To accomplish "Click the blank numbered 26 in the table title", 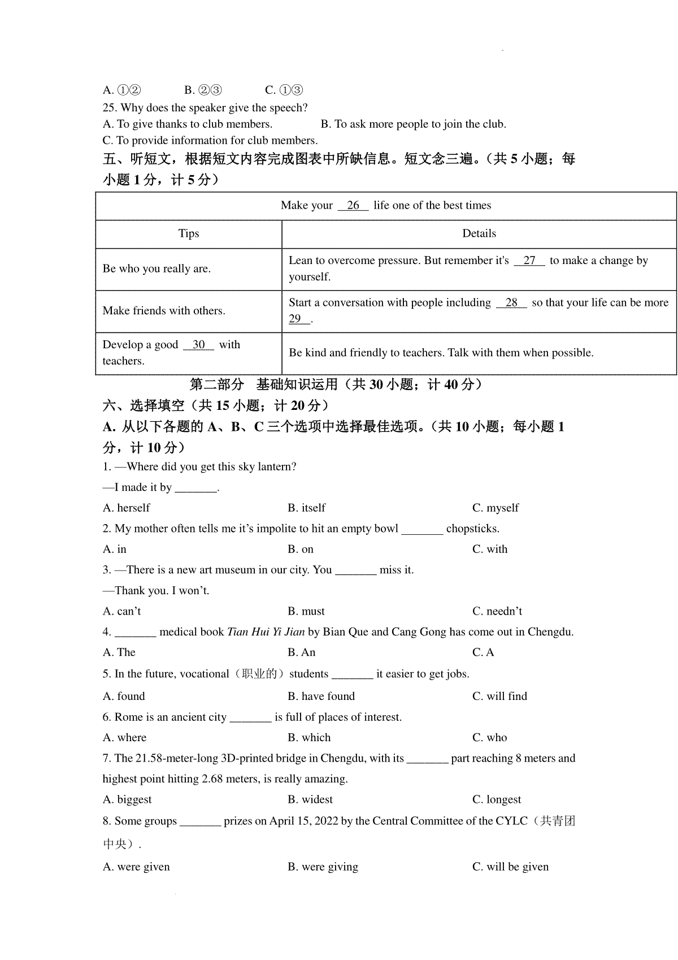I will point(353,205).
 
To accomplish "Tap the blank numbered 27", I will point(529,261).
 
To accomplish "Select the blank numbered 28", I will point(512,302).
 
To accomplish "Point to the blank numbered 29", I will point(298,319).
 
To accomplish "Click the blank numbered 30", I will point(199,345).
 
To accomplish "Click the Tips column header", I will point(189,233).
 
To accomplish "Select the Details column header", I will point(479,233).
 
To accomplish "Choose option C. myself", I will point(496,508).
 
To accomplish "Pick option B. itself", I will point(306,508).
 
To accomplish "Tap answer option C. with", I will point(490,549).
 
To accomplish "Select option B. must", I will point(306,611).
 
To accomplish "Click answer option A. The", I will point(119,652).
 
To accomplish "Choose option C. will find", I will point(499,696).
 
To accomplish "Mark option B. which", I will point(309,737).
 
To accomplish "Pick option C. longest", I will point(497,799).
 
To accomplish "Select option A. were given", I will point(136,867).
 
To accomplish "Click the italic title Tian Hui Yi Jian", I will point(266,632).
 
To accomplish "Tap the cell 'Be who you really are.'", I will point(157,269).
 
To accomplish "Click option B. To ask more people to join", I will point(413,124).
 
